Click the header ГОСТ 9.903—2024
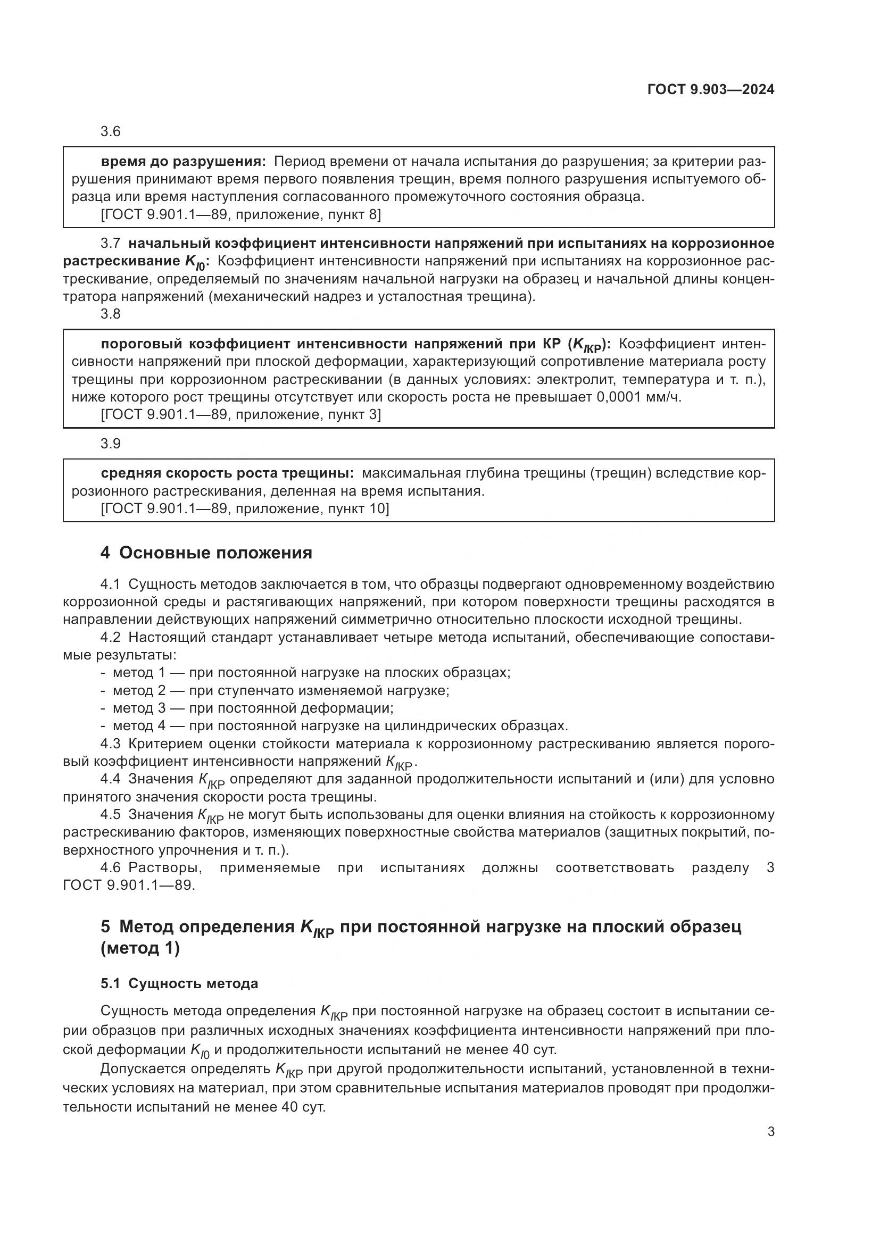coord(710,90)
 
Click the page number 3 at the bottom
coord(770,1132)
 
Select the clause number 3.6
coord(111,132)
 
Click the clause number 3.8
coord(111,314)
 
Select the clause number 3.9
coord(111,444)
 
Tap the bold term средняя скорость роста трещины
coord(227,473)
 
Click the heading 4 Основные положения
coord(206,553)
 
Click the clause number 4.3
coord(111,745)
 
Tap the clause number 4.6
coord(111,868)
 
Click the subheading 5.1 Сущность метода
coord(179,983)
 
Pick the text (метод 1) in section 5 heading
coord(140,949)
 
